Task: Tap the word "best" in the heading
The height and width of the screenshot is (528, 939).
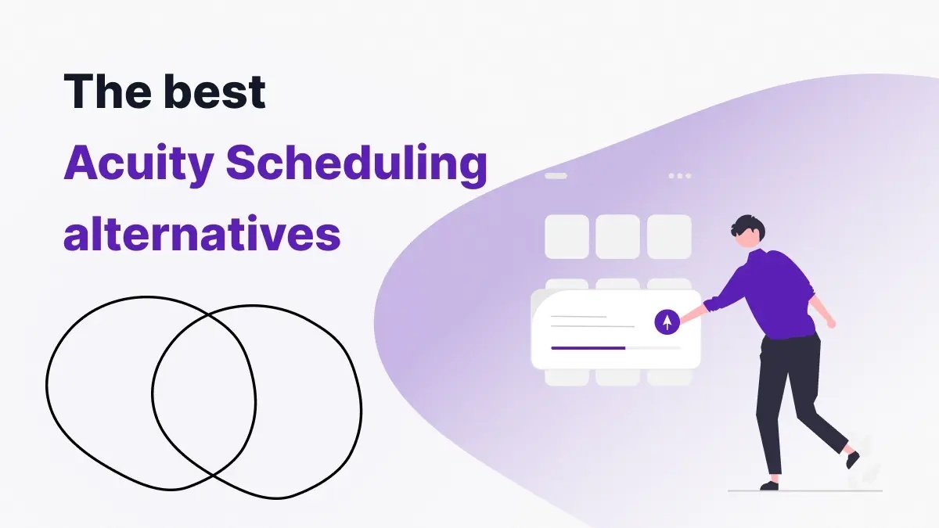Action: click(x=215, y=93)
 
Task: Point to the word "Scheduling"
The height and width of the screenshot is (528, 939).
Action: click(x=355, y=165)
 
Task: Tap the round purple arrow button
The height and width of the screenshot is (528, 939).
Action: click(x=667, y=321)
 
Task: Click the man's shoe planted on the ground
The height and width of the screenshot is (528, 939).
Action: click(x=769, y=485)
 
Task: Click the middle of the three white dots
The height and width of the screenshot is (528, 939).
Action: click(x=680, y=176)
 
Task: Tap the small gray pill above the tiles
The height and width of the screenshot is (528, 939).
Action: click(x=556, y=176)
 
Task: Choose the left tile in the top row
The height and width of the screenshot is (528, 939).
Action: click(x=567, y=236)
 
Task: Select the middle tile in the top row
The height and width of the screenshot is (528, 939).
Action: click(x=617, y=236)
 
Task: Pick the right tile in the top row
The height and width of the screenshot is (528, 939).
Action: click(x=669, y=236)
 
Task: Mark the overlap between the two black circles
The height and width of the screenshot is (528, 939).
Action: click(x=204, y=391)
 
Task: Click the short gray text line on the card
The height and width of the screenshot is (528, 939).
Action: click(x=578, y=317)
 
